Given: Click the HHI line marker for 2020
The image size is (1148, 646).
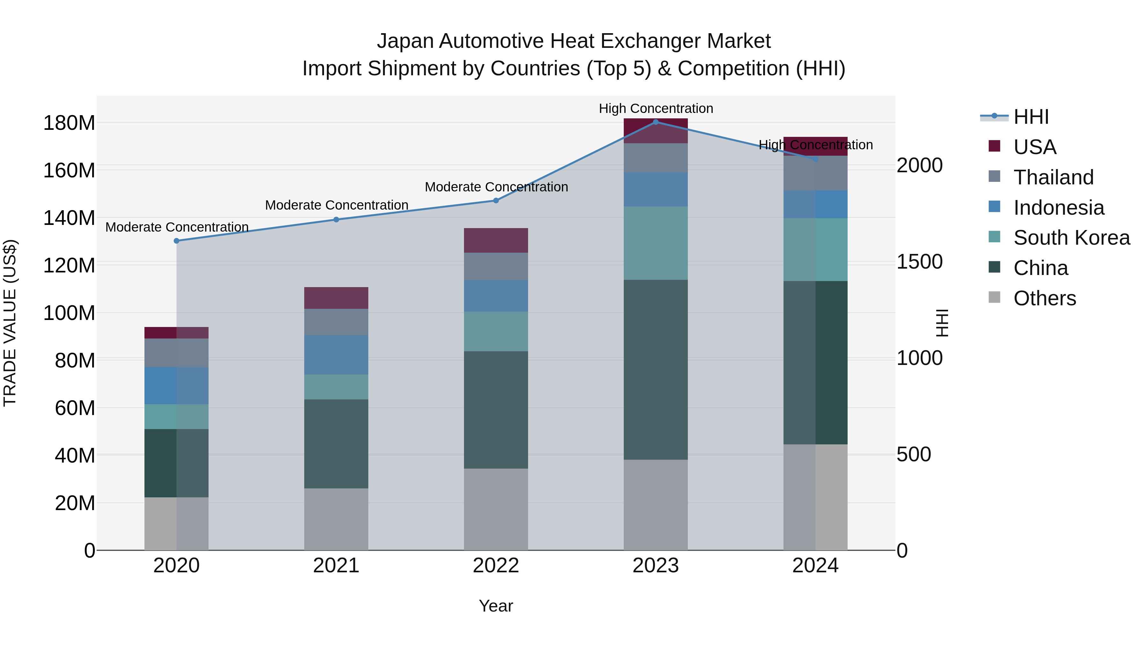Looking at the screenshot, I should tap(176, 241).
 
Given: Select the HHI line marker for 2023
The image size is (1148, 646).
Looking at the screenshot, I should tap(656, 122).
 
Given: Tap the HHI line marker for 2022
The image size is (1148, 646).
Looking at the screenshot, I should tap(496, 201).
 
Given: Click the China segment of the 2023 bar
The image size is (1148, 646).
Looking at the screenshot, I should tap(656, 370).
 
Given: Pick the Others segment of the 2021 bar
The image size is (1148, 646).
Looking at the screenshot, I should tap(336, 519).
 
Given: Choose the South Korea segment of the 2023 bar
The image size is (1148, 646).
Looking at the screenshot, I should tap(656, 243).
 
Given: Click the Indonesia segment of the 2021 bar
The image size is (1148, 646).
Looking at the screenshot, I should tap(336, 354).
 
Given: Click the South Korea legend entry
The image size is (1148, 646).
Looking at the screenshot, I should tap(1071, 238).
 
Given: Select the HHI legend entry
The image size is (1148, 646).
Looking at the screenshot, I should tap(1031, 117).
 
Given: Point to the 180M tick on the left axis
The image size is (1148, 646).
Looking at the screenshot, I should tap(69, 123).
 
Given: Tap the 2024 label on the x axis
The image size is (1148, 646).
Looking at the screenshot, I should tap(815, 566).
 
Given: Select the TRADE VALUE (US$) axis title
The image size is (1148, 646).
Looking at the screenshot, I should tap(10, 323).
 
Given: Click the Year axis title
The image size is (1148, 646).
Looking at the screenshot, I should tap(496, 606).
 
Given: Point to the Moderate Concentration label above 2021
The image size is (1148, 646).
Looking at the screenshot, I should tap(336, 205).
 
